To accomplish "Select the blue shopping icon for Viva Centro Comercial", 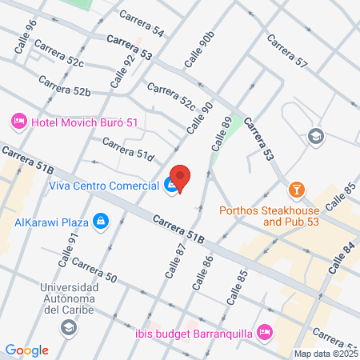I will tap(171, 186).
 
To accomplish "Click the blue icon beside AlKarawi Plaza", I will tap(100, 220).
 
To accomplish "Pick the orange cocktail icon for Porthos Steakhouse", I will tap(296, 190).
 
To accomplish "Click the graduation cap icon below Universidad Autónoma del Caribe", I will tap(70, 326).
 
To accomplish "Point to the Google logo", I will tap(27, 350).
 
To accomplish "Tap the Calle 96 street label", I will tap(25, 38).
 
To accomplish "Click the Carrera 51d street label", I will tap(128, 149).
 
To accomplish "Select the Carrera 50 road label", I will tap(94, 270).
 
